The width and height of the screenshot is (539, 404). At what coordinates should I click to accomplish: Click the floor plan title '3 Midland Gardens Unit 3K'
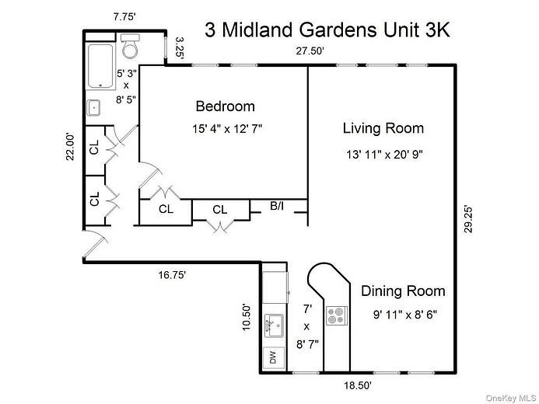[327, 30]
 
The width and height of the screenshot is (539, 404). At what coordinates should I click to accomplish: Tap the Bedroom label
[225, 106]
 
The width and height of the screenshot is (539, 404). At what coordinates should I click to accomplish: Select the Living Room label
[383, 128]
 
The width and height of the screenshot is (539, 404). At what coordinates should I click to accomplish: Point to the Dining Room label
[403, 291]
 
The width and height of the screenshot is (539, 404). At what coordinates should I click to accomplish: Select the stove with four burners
[336, 315]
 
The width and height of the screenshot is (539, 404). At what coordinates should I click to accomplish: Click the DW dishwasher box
[273, 358]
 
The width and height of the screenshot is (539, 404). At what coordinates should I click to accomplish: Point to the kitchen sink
[273, 322]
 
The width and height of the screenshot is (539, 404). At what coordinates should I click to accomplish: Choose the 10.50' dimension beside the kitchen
[248, 317]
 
